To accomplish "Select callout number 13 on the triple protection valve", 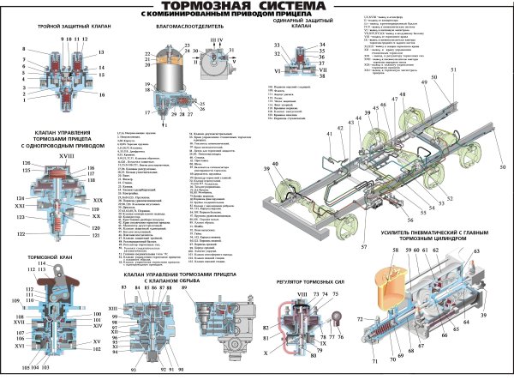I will pyautogui.click(x=100, y=53).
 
